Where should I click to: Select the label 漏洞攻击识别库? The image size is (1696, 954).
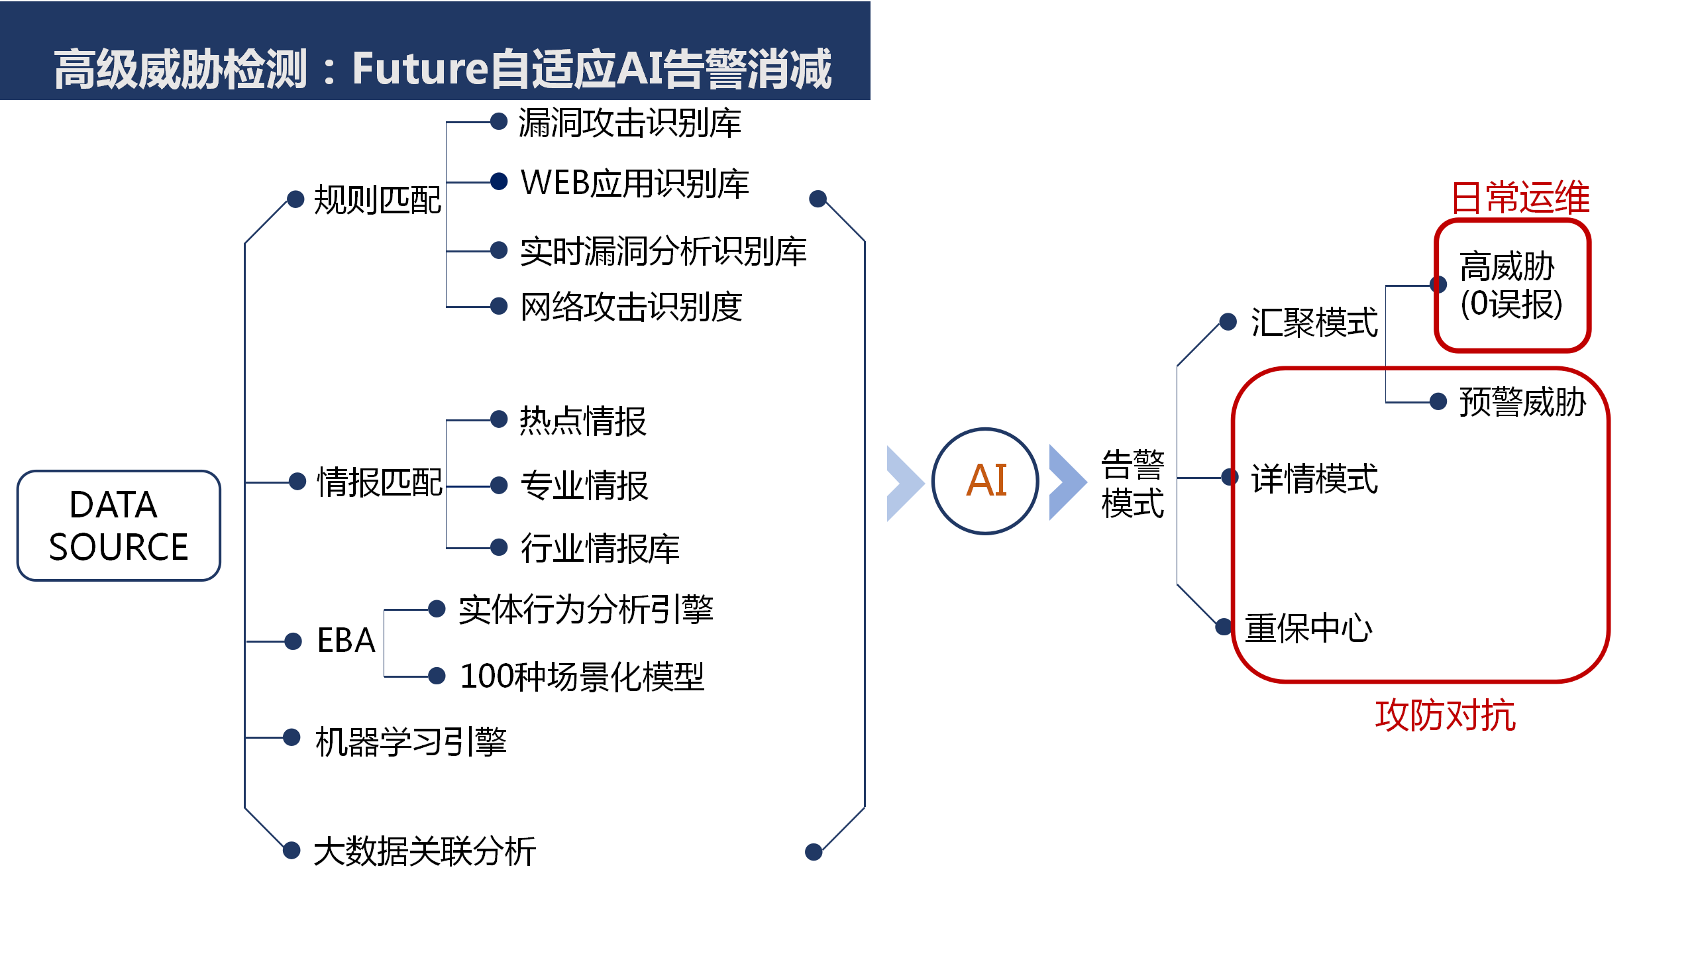629,123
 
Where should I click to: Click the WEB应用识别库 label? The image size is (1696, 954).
635,184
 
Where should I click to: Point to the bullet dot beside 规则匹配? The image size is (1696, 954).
295,198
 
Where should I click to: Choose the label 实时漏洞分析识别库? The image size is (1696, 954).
663,252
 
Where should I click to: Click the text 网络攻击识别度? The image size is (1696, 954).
631,307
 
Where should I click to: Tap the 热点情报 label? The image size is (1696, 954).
583,421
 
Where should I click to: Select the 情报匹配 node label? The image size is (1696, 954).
380,482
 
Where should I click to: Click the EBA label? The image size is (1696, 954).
346,641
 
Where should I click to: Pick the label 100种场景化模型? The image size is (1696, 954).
582,677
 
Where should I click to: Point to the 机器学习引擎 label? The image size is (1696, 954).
411,741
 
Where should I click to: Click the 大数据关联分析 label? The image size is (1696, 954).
425,851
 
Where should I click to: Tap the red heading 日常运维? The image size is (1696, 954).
1520,197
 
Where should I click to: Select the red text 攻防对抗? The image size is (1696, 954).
1446,715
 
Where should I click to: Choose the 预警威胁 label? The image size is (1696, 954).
1523,402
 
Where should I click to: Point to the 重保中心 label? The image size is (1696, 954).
1309,628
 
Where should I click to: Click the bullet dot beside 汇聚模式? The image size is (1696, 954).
1228,322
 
